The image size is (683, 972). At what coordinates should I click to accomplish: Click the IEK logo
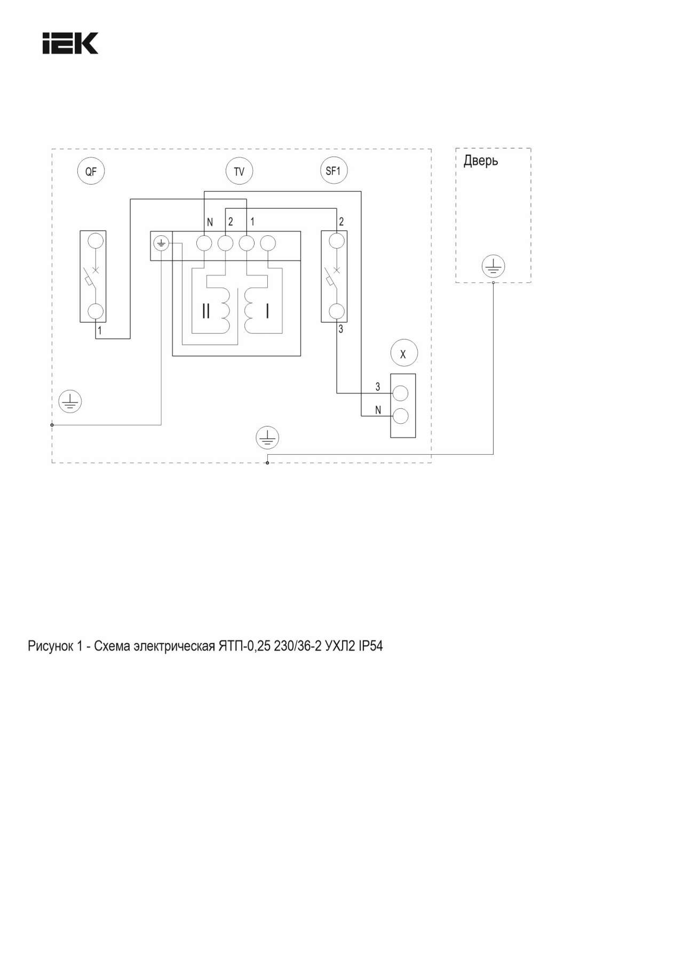pos(70,43)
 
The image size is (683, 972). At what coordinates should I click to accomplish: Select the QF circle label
pos(91,171)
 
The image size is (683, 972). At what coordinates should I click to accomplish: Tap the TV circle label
pos(239,171)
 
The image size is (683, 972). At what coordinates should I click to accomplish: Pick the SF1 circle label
pos(333,171)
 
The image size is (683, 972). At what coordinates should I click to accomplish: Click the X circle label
pos(403,353)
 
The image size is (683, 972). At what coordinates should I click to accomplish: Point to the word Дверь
pos(480,160)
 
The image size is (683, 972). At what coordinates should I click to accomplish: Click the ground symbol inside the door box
pos(493,266)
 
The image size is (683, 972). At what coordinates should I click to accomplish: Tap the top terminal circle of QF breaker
pos(96,241)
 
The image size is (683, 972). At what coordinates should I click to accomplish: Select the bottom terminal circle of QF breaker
pos(96,311)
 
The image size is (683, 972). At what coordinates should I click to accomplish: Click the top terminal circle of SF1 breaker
pos(336,241)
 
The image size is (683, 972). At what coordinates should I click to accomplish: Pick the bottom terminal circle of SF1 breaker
pos(336,311)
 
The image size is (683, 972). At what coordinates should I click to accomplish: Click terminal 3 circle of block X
pos(400,393)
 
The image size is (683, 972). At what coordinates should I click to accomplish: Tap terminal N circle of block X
pos(400,415)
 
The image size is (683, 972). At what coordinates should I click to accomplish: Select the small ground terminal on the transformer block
pos(161,244)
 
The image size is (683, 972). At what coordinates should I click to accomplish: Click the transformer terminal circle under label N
pos(204,244)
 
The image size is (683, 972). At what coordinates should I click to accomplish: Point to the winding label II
pos(207,311)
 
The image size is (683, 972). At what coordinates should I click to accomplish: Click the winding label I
pos(267,311)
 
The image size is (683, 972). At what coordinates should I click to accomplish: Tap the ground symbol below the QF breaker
pos(70,401)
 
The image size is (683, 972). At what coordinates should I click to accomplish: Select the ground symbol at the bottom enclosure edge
pos(267,438)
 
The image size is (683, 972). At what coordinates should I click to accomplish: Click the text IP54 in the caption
pos(370,646)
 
